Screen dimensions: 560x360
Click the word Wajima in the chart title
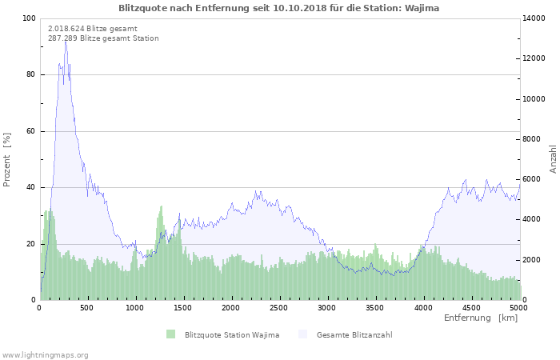pyautogui.click(x=422, y=8)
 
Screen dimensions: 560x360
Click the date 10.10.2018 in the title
pyautogui.click(x=300, y=8)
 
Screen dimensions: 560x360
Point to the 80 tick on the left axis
pyautogui.click(x=30, y=74)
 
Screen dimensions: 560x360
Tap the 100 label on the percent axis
pyautogui.click(x=29, y=18)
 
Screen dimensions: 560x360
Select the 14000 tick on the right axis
pyautogui.click(x=534, y=18)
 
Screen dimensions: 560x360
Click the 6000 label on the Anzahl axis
pyautogui.click(x=532, y=179)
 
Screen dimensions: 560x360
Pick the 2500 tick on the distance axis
pyautogui.click(x=278, y=308)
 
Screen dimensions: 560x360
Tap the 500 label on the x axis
pyautogui.click(x=86, y=308)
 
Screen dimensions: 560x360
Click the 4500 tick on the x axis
pyautogui.click(x=471, y=308)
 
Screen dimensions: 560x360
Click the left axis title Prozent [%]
pyautogui.click(x=6, y=160)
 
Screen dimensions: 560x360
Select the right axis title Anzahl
pyautogui.click(x=553, y=159)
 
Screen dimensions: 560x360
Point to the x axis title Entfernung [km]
pyautogui.click(x=481, y=318)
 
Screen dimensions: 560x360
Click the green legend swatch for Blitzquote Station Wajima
pyautogui.click(x=170, y=334)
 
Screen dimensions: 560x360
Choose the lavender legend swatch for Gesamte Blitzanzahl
pyautogui.click(x=302, y=334)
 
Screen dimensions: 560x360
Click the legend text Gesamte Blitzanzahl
pyautogui.click(x=354, y=334)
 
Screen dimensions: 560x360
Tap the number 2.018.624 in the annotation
pyautogui.click(x=66, y=29)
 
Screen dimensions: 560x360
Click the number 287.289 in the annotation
pyautogui.click(x=62, y=38)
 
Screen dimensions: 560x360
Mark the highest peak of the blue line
pyautogui.click(x=66, y=42)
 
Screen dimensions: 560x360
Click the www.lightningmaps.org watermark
pyautogui.click(x=44, y=355)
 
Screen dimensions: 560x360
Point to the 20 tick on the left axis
pyautogui.click(x=30, y=244)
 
